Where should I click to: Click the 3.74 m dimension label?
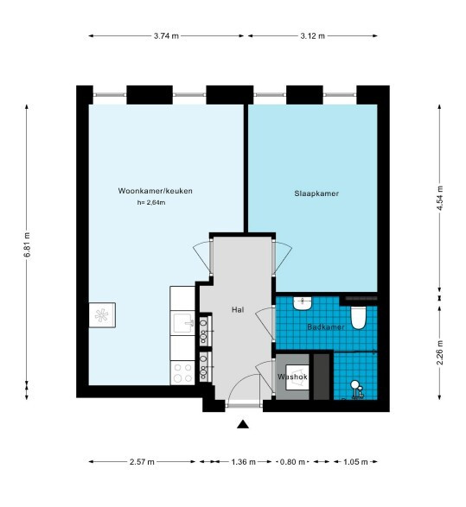166,36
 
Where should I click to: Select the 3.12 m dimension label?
312,36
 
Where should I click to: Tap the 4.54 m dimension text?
439,198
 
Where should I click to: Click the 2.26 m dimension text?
439,352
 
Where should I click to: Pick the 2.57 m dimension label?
142,462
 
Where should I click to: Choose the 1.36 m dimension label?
243,462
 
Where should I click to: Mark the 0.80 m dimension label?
292,462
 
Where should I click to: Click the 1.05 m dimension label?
355,462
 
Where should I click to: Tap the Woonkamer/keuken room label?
156,191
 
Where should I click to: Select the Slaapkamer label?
316,193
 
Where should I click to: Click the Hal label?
238,309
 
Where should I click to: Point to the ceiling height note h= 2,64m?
151,203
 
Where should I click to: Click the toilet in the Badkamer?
358,318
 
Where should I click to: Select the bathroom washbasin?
303,304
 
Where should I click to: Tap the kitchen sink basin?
184,323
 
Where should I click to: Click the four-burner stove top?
182,373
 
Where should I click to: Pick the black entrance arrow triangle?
243,425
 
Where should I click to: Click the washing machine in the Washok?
297,377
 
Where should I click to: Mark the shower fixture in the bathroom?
357,389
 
